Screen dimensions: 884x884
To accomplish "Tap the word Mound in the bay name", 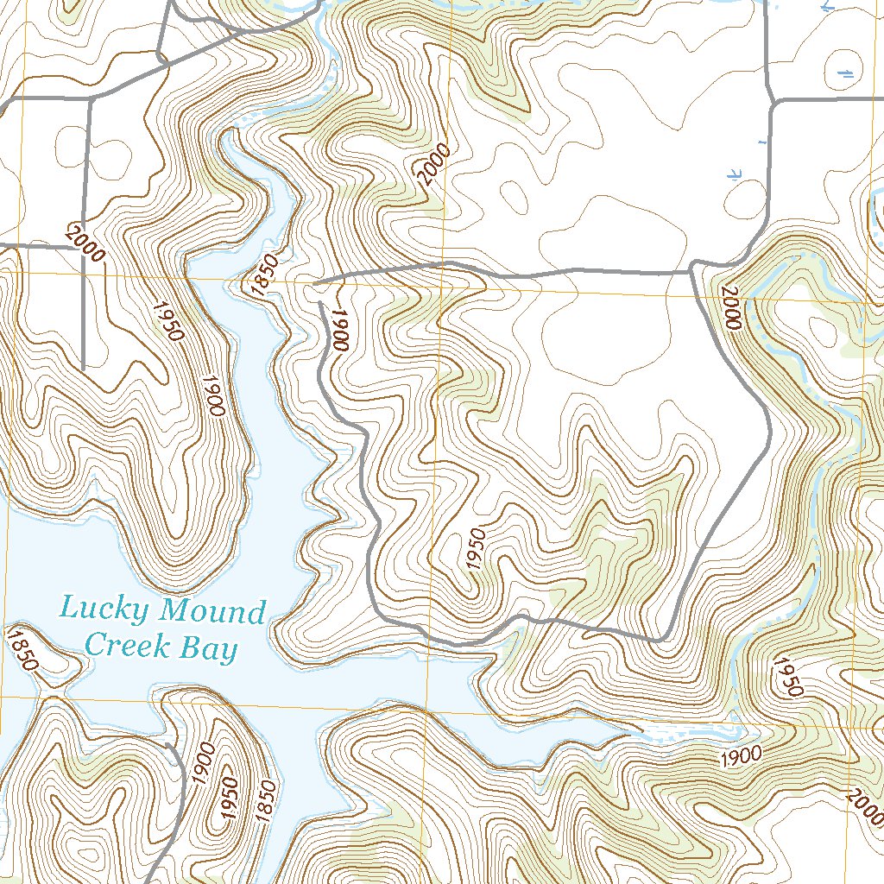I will pos(213,612).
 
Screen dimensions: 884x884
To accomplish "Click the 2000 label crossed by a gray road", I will pos(84,243).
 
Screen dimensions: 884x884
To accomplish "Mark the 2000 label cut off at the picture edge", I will pos(866,807).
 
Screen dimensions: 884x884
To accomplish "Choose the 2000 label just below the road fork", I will pos(729,308).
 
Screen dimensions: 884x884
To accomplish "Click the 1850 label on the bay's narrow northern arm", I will pos(265,276).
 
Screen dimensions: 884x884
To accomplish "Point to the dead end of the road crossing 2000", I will pos(84,369).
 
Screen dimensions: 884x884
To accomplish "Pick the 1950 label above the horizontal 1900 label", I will pos(788,678).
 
